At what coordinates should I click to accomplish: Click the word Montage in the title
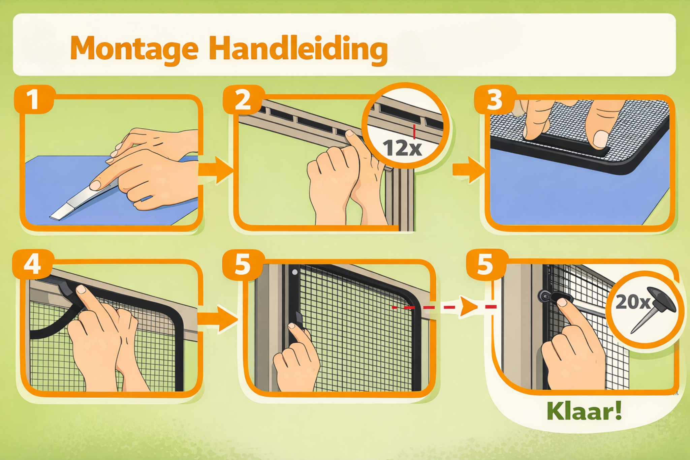click(134, 49)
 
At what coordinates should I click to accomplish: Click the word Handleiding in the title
click(298, 49)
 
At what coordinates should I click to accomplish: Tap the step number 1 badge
click(34, 99)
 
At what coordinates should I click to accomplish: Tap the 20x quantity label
click(633, 302)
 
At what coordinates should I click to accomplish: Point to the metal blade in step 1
click(84, 201)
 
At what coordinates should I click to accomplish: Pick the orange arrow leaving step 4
click(217, 319)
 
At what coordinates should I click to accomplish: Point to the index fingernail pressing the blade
click(95, 185)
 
